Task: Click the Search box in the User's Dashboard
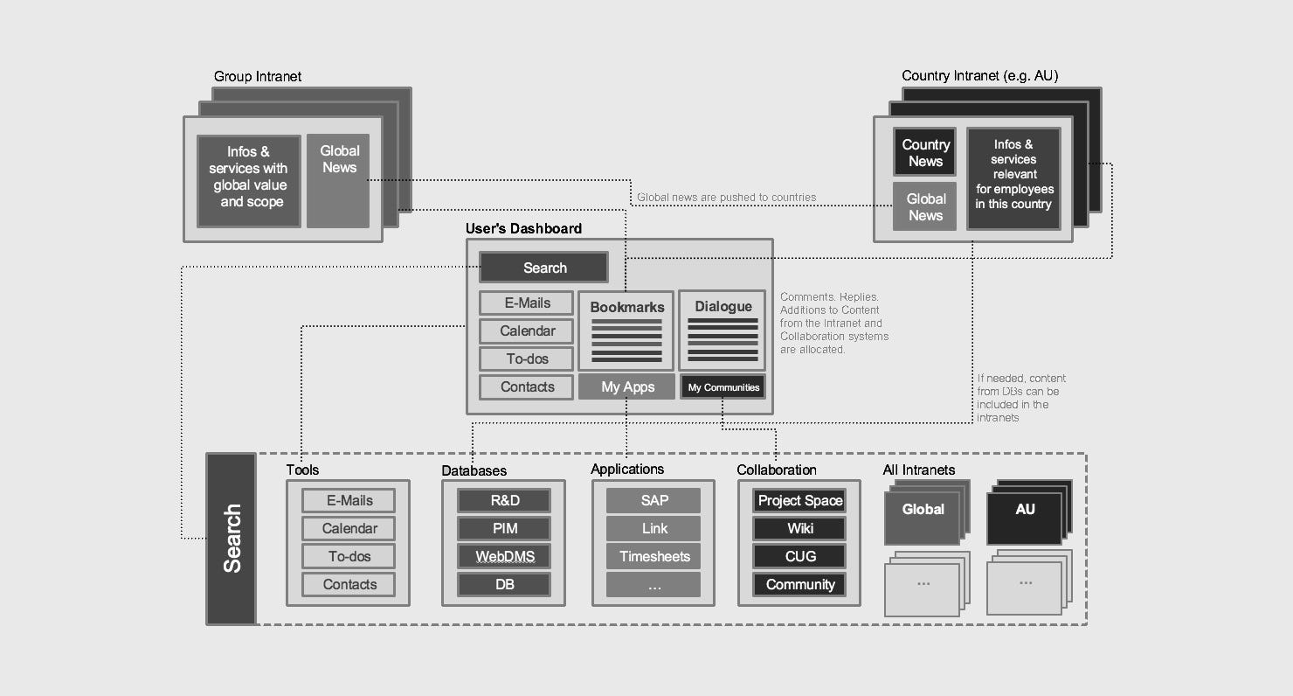[543, 268]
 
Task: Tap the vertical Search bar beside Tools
[232, 539]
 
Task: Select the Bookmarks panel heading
[626, 307]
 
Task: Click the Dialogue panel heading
[723, 306]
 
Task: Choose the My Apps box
[627, 386]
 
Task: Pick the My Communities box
[723, 386]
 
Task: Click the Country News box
[924, 153]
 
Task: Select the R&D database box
[505, 500]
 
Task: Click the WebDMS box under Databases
[505, 556]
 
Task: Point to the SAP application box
[654, 500]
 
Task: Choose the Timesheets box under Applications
[654, 556]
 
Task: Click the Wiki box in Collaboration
[800, 528]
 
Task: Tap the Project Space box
[800, 500]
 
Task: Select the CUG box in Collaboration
[800, 556]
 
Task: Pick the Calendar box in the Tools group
[349, 528]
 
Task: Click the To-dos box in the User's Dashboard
[527, 358]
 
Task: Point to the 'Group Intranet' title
[258, 77]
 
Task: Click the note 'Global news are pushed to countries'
[726, 198]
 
